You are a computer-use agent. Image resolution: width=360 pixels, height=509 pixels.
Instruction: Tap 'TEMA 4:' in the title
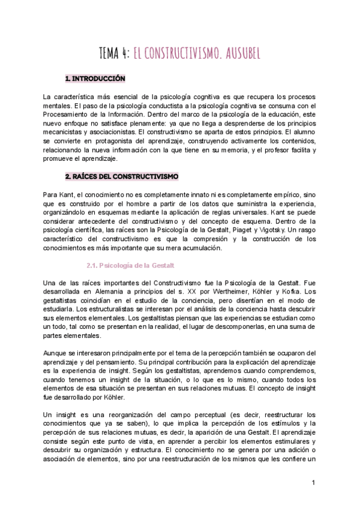tap(117, 55)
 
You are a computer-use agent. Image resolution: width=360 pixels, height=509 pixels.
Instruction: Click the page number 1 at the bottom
tap(313, 483)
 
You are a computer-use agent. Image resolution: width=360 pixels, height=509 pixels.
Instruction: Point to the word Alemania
tap(99, 292)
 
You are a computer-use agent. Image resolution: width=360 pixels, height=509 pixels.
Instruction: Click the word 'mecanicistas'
tap(64, 131)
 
